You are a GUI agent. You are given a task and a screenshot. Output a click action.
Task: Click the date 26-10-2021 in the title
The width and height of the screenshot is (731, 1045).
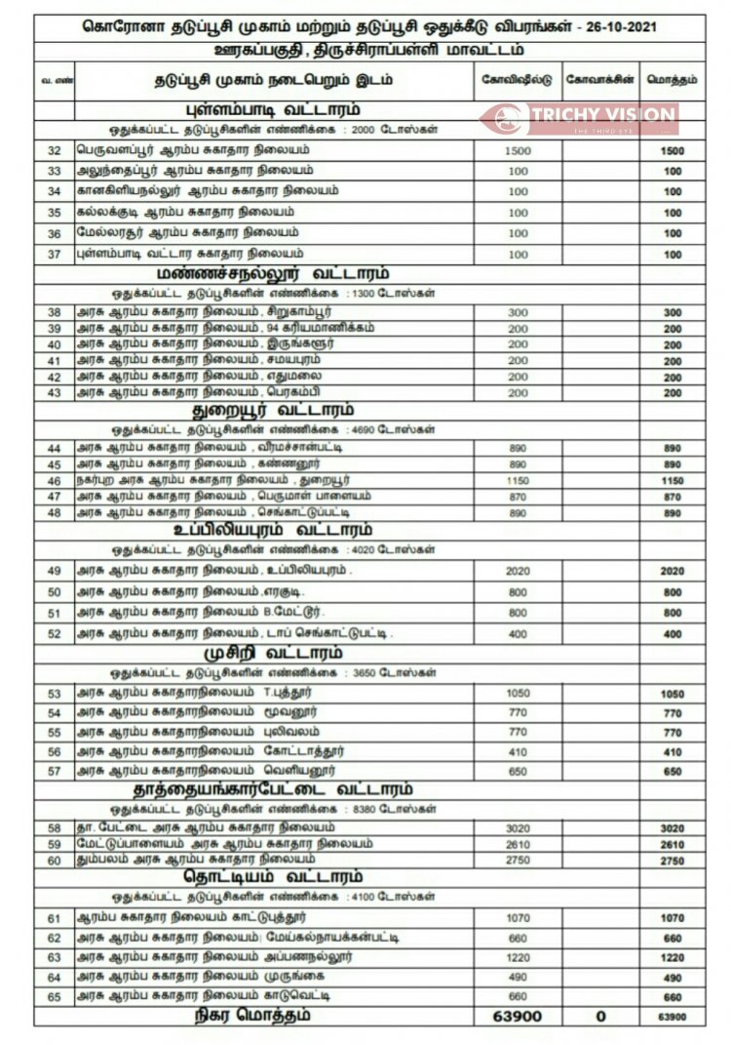pos(623,27)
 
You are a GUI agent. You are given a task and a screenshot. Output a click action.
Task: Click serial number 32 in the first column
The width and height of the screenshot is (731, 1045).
pos(55,150)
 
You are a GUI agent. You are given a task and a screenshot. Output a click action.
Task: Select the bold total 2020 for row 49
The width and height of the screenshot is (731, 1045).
pos(673,571)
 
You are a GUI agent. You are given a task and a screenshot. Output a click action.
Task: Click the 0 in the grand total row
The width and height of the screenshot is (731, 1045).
pos(600,1016)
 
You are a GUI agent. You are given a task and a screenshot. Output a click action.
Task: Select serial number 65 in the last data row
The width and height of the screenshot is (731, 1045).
pos(55,996)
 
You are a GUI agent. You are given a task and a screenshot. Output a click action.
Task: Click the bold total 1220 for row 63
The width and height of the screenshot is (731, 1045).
pos(673,957)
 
